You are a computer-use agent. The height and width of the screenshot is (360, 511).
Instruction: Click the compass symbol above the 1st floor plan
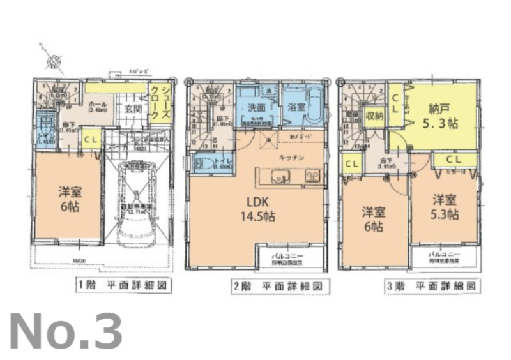(53, 61)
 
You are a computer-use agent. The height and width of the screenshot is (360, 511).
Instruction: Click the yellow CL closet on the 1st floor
(91, 139)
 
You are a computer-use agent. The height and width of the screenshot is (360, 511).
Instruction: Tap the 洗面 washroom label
(250, 108)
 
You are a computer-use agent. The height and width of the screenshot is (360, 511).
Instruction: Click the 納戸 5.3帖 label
(443, 114)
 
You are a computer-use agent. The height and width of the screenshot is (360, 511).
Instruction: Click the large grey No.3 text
(65, 331)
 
